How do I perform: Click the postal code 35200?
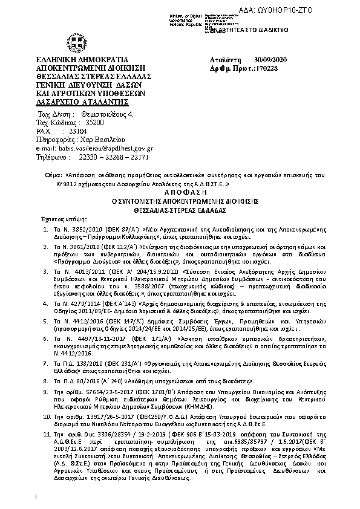[x=77, y=122]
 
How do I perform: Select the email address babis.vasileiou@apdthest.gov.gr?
[x=104, y=148]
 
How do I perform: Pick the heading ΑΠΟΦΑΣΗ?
[x=180, y=189]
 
